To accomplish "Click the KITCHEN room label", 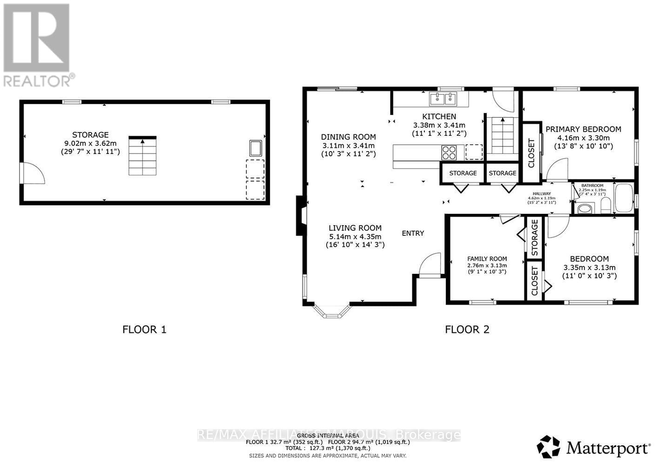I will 439,116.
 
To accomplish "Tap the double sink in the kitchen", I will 443,99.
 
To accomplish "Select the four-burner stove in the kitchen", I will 449,151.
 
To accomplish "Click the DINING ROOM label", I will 348,137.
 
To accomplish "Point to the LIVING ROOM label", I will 355,228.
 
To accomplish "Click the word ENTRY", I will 413,233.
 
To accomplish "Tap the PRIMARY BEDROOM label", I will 583,129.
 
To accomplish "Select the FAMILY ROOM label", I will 487,259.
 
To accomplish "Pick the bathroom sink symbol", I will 584,208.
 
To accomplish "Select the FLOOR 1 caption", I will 144,329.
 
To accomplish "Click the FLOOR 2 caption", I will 467,329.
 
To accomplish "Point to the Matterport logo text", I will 608,448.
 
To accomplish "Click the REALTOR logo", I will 37,45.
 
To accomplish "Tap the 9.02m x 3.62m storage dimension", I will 90,143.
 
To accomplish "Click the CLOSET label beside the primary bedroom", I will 531,153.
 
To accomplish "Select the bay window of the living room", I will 332,312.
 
